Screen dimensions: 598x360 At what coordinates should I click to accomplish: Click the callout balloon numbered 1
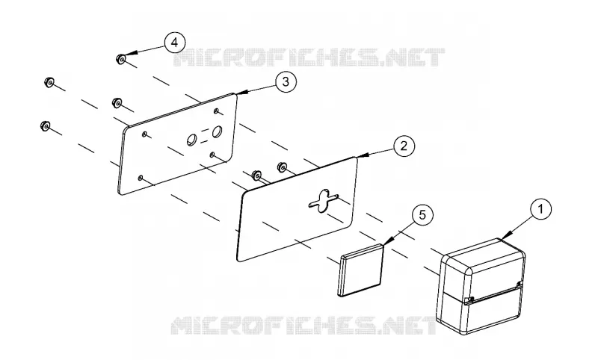[x=540, y=209]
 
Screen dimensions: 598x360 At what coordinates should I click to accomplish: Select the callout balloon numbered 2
[x=404, y=146]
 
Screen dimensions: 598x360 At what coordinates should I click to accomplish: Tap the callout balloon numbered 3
[x=286, y=81]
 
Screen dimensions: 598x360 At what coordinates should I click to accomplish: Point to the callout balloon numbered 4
[x=174, y=43]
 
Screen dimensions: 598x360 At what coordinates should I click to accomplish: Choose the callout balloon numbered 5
[x=422, y=215]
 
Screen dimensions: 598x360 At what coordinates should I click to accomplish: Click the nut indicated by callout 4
[x=120, y=60]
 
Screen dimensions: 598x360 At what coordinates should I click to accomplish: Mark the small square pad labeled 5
[x=360, y=270]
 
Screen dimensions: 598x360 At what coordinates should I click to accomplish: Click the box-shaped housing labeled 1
[x=481, y=287]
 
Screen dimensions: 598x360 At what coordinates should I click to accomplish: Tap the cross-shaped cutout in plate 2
[x=324, y=199]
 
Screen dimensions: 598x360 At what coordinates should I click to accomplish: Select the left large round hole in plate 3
[x=191, y=140]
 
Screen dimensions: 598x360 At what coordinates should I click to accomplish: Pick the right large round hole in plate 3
[x=217, y=131]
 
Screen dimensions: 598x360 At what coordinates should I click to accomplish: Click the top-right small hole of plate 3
[x=216, y=111]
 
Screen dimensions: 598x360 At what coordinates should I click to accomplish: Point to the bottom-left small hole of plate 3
[x=141, y=178]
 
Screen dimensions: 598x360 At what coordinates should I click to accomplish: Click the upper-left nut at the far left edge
[x=49, y=82]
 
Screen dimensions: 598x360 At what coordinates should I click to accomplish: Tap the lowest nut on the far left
[x=45, y=125]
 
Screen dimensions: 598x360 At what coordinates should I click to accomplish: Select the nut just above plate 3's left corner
[x=117, y=103]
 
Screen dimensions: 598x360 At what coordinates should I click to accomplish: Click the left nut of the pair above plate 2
[x=256, y=175]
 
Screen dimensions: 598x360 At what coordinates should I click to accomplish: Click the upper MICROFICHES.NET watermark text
[x=309, y=58]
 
